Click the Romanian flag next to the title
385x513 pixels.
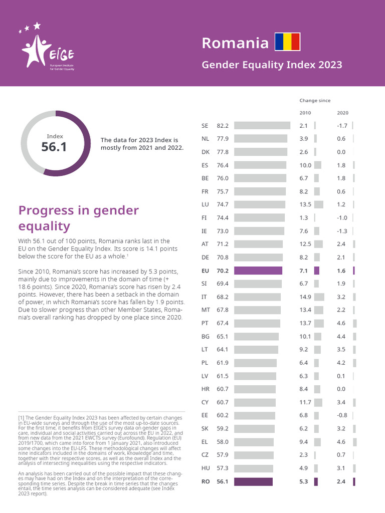pos(287,42)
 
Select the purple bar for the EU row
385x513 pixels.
pos(258,271)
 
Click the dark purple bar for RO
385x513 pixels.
pos(253,482)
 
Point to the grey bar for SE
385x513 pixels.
pos(262,125)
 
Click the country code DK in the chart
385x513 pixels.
pos(205,152)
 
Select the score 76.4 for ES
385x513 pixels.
pos(223,165)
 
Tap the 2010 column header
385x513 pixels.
pos(305,113)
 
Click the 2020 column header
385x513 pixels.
pos(342,113)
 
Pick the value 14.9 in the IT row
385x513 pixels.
pos(305,297)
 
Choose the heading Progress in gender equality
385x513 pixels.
pos(78,218)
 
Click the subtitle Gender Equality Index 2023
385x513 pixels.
pos(272,65)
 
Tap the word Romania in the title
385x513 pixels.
pos(235,43)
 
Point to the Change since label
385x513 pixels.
pos(315,101)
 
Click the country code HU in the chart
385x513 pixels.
pos(205,468)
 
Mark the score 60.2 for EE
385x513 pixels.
pos(223,415)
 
